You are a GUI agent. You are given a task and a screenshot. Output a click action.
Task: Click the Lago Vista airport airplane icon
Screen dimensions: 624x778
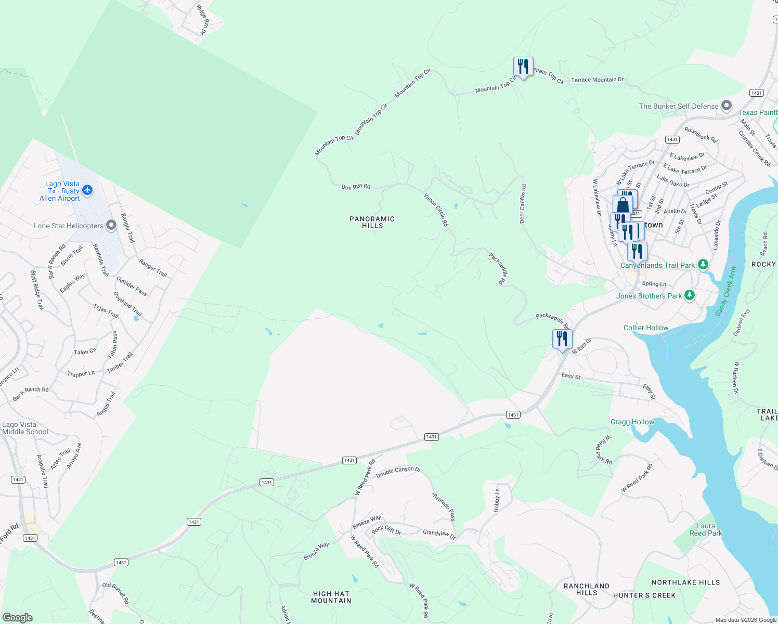click(87, 190)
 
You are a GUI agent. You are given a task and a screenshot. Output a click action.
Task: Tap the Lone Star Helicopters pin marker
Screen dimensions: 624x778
click(111, 225)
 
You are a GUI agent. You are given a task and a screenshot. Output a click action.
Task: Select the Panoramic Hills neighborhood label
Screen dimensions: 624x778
click(372, 222)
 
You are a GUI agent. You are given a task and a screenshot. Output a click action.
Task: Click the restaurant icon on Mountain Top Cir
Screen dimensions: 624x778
click(523, 67)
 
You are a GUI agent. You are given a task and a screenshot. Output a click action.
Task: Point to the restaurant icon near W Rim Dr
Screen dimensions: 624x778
click(562, 339)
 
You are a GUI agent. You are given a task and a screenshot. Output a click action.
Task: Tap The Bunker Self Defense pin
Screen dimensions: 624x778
click(727, 106)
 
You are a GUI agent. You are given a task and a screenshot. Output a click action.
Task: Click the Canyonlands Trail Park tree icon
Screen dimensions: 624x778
click(703, 265)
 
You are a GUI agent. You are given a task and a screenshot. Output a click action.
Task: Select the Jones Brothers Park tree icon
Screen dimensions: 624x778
click(690, 295)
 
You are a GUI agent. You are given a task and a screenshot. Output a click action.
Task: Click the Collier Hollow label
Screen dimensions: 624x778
click(646, 328)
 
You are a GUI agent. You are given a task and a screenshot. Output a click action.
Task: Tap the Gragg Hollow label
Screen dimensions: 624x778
click(632, 422)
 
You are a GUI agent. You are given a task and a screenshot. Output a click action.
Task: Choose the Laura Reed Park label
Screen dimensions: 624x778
click(706, 529)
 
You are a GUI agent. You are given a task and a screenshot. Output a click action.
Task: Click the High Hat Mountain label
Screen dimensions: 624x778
click(331, 597)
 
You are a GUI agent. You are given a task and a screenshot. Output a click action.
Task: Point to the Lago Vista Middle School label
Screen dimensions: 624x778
click(25, 428)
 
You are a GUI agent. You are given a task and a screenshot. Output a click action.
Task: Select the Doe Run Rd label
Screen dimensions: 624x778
click(356, 186)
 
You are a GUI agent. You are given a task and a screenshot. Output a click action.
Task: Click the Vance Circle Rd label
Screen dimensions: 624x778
click(436, 210)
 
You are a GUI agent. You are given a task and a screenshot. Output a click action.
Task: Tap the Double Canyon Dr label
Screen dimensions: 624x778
click(398, 472)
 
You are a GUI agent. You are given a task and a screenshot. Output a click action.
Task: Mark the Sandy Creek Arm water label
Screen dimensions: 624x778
click(725, 291)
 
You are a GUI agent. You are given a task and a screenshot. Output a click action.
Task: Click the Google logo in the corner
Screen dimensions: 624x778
click(17, 617)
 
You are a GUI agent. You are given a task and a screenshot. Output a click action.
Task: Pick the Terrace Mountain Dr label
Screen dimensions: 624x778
click(597, 80)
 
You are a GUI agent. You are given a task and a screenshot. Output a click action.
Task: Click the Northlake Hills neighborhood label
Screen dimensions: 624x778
click(685, 582)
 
